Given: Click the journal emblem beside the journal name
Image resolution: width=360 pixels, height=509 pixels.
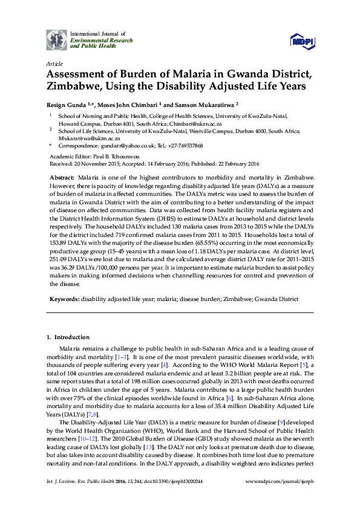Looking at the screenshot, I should point(56,39).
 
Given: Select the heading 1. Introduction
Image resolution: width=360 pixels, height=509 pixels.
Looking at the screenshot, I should point(68,337).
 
